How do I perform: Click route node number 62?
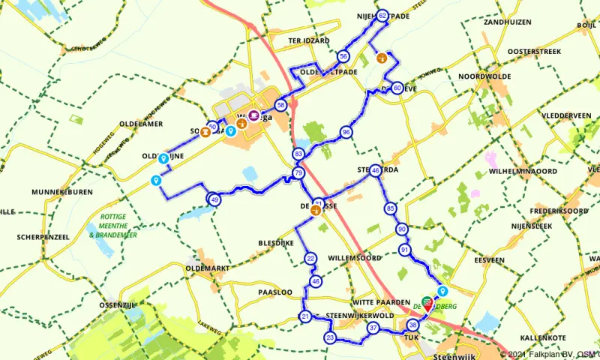point(382,15)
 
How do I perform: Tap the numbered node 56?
point(343,56)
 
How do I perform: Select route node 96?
point(346,132)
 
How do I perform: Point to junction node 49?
point(214,199)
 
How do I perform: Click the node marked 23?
point(331,338)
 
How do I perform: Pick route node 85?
point(390,208)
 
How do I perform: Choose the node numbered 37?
point(373,328)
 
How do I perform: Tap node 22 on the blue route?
point(310,259)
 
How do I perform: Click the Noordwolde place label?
point(484,76)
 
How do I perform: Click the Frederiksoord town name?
point(556,211)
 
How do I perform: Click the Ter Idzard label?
point(308,40)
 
